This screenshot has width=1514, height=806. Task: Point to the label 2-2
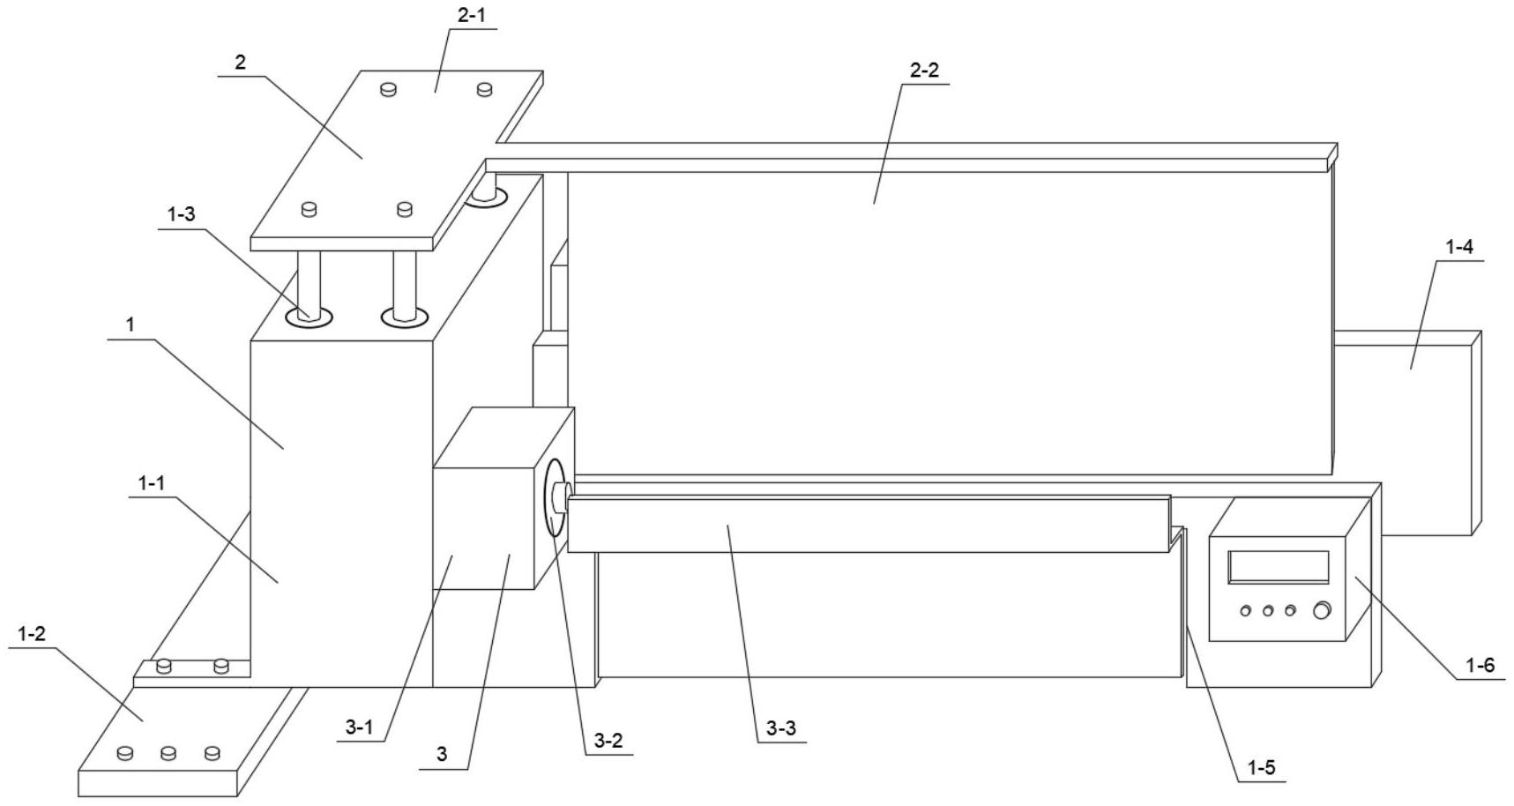tap(924, 71)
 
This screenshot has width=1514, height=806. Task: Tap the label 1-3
tap(181, 214)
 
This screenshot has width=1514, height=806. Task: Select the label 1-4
tap(1459, 248)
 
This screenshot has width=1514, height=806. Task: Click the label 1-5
tap(1261, 768)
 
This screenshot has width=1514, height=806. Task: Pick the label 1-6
tap(1480, 665)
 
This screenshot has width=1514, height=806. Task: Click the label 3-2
tap(608, 741)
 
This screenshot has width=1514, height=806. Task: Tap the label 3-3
tap(781, 728)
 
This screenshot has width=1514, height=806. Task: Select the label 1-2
tap(32, 633)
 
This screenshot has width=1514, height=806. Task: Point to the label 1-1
tap(152, 483)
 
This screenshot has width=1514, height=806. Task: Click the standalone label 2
tap(240, 63)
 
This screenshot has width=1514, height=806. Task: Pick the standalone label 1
tap(131, 325)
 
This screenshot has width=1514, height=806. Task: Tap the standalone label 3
tap(442, 754)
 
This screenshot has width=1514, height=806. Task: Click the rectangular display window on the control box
tap(1278, 567)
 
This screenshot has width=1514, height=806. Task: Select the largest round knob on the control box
tap(1321, 610)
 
